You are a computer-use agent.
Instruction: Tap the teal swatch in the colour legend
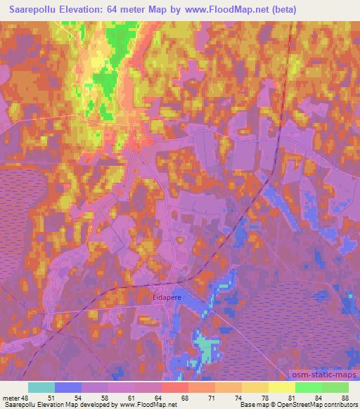[x=42, y=387]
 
